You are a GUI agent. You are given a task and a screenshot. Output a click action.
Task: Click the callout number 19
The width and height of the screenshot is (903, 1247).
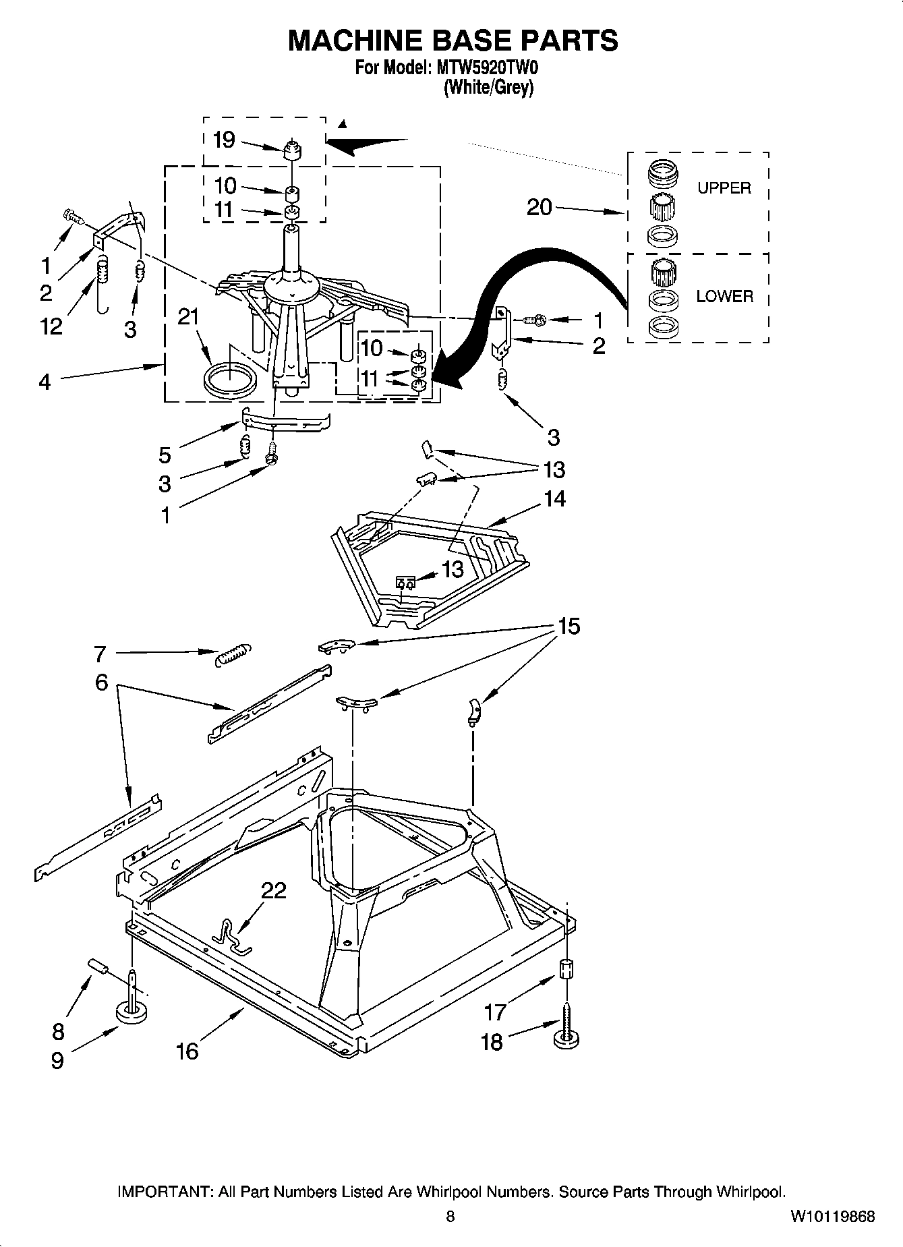(224, 140)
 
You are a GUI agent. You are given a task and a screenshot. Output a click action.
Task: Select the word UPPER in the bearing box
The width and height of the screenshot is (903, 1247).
(724, 188)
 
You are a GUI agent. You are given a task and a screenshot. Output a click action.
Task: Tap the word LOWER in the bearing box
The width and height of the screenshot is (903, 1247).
(724, 296)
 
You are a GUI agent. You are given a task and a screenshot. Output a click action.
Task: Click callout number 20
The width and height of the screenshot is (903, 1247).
(540, 207)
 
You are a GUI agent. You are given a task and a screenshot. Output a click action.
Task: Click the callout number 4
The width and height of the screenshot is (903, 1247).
(45, 382)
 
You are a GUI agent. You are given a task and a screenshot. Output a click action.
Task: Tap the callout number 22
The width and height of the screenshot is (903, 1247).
(274, 891)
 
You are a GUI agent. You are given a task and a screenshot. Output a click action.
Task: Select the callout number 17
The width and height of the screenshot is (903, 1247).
(495, 1012)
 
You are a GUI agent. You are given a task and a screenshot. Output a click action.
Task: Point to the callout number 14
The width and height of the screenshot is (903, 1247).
(554, 499)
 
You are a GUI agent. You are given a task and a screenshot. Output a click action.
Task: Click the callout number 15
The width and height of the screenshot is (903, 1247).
(569, 627)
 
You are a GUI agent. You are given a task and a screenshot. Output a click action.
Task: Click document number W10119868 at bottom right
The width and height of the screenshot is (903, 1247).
(832, 1217)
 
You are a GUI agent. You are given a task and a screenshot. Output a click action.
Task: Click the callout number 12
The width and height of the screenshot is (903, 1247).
(51, 326)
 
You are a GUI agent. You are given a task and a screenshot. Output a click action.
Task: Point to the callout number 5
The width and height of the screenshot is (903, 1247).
(165, 455)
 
